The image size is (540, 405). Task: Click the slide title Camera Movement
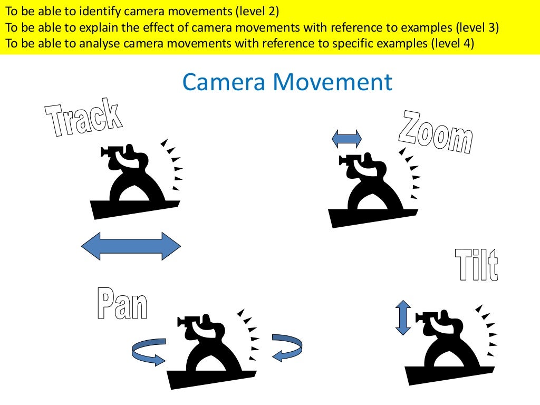pos(287,83)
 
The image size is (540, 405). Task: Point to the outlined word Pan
pos(122,304)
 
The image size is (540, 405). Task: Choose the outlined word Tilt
pos(476,265)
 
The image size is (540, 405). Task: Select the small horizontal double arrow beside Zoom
pos(346,139)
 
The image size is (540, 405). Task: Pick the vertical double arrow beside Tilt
pos(403,317)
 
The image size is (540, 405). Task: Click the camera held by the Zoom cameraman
pos(349,160)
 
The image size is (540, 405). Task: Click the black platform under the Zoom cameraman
pos(369,216)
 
